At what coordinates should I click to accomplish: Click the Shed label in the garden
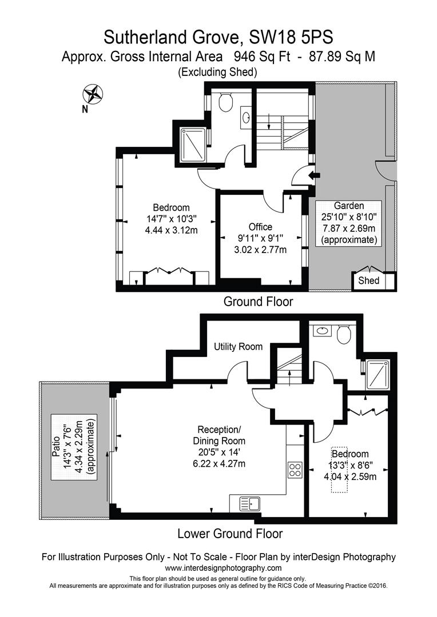(x=368, y=281)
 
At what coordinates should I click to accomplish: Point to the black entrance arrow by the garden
(x=312, y=175)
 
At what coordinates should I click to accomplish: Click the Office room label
(x=260, y=227)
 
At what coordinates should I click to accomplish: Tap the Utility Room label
(x=238, y=346)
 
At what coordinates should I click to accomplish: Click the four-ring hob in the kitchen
(x=295, y=470)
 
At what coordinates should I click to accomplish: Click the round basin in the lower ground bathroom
(x=321, y=330)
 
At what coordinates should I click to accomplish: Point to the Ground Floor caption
(x=258, y=302)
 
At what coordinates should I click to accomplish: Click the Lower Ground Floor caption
(x=230, y=534)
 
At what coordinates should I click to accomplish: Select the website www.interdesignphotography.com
(x=223, y=568)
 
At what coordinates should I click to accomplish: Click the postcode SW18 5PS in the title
(x=291, y=37)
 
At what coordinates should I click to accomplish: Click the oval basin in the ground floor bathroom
(x=247, y=118)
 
